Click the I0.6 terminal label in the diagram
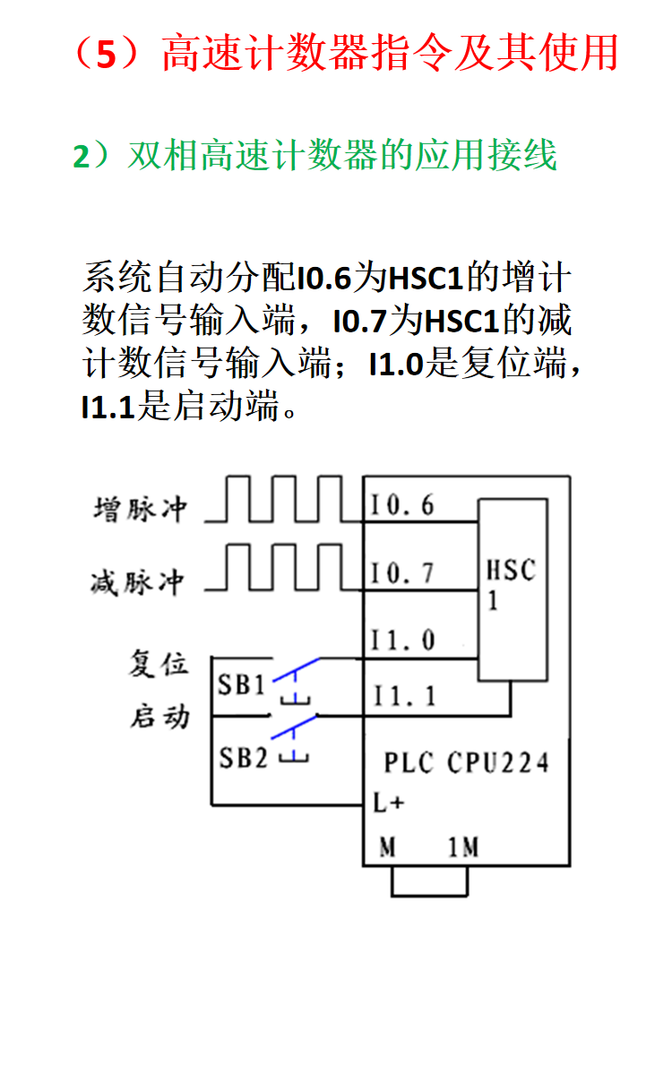(402, 506)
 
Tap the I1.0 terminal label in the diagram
(403, 641)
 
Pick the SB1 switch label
(242, 685)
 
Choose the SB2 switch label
(244, 758)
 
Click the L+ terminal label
(388, 803)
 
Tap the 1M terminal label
(463, 847)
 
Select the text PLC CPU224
(466, 762)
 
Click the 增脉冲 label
(141, 509)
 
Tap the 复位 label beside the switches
(159, 664)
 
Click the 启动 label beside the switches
(159, 718)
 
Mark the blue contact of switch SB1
(294, 672)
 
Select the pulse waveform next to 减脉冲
(283, 568)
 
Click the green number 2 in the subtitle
(82, 157)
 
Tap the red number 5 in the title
(107, 54)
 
